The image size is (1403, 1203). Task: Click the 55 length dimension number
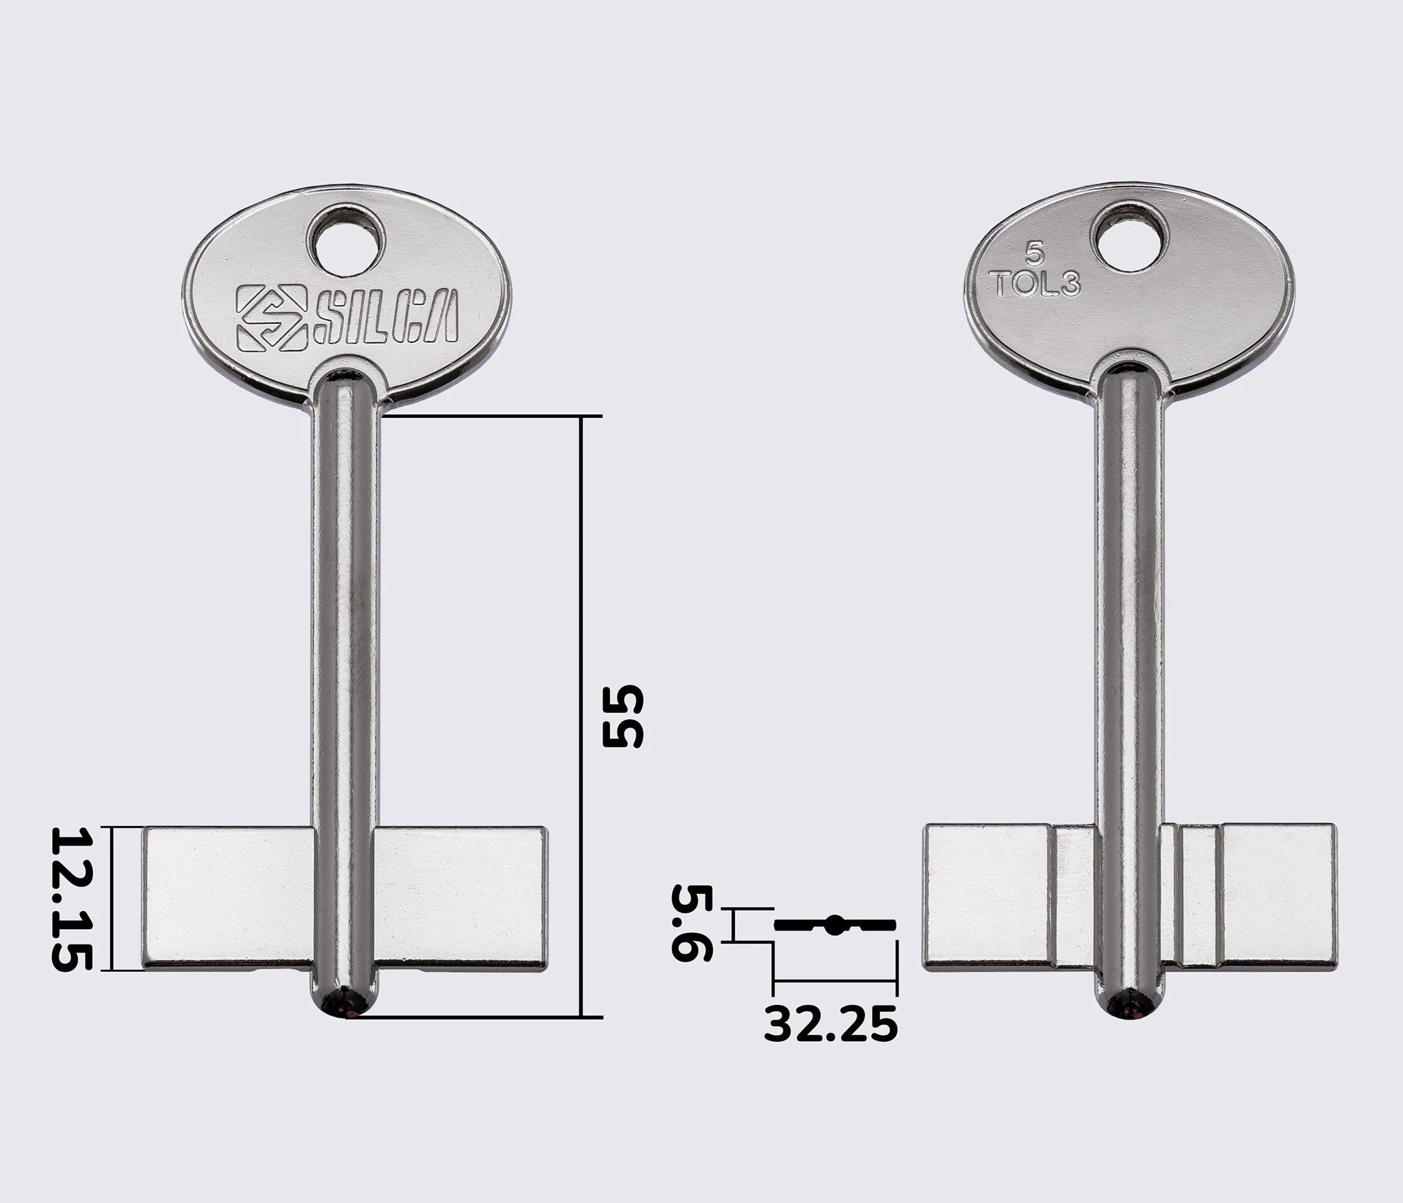pyautogui.click(x=623, y=716)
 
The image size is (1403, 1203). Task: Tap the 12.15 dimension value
pyautogui.click(x=71, y=899)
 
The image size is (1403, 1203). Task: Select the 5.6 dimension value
pyautogui.click(x=691, y=922)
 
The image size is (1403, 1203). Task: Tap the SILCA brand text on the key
pyautogui.click(x=385, y=316)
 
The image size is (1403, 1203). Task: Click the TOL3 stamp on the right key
pyautogui.click(x=1035, y=284)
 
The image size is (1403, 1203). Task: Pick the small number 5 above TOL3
pyautogui.click(x=1034, y=256)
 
